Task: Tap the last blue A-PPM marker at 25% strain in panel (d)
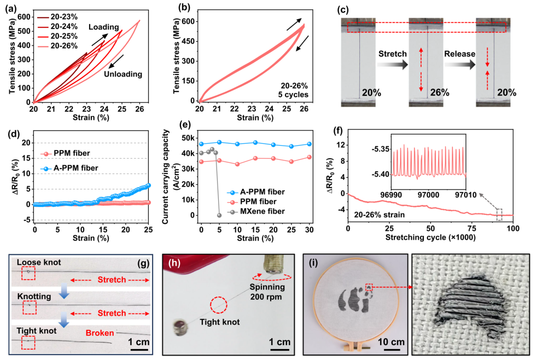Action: pos(148,185)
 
